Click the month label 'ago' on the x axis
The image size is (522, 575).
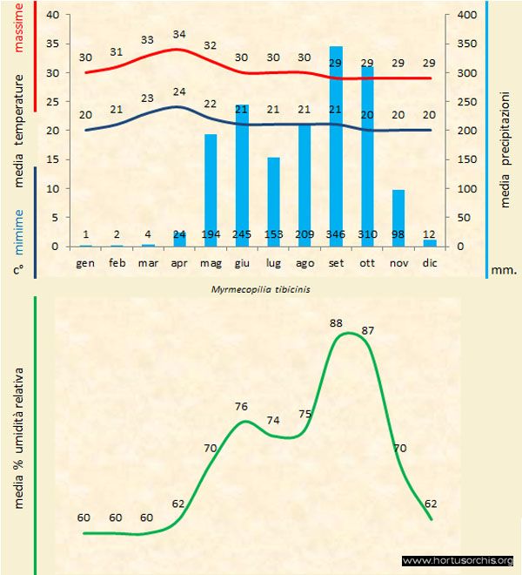pos(304,262)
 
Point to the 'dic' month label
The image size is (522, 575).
pos(430,262)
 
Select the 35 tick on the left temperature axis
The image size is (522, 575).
pos(52,44)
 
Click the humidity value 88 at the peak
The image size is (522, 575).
pos(337,323)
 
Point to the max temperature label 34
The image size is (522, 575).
pos(179,34)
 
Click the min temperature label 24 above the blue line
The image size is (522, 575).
pos(179,91)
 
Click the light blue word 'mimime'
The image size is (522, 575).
pos(20,221)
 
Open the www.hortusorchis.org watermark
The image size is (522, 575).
pos(458,560)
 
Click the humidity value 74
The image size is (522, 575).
pos(273,420)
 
